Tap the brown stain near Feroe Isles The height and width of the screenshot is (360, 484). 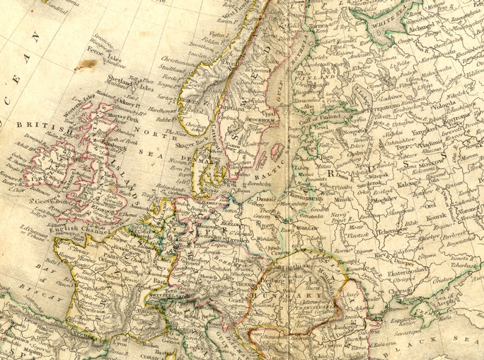pyautogui.click(x=85, y=64)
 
